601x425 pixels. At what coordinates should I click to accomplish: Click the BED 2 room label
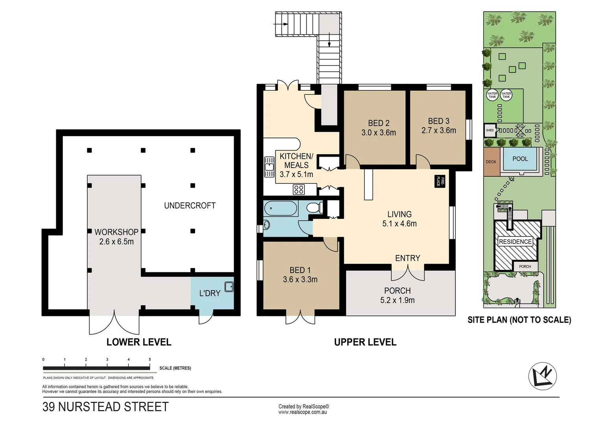[x=378, y=123]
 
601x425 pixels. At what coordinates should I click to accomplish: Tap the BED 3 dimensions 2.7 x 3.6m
[x=439, y=130]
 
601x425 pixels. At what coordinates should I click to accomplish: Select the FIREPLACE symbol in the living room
[x=439, y=181]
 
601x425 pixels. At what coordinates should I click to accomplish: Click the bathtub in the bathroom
[x=280, y=209]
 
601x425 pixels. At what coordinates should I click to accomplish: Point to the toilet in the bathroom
[x=314, y=207]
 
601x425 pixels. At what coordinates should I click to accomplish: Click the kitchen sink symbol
[x=269, y=167]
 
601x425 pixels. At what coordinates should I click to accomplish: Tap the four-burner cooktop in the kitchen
[x=299, y=190]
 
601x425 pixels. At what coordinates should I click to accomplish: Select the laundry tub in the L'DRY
[x=229, y=286]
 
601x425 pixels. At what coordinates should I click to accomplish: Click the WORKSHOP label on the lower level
[x=116, y=232]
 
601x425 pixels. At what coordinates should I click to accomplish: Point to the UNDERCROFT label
[x=190, y=205]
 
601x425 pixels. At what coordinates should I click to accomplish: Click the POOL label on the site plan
[x=520, y=159]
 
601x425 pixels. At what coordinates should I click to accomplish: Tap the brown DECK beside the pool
[x=491, y=162]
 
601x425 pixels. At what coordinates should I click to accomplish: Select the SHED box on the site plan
[x=490, y=130]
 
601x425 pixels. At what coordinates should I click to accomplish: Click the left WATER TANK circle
[x=492, y=95]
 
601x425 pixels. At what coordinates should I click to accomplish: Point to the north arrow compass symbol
[x=542, y=376]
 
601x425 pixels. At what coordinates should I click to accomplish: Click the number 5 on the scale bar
[x=150, y=359]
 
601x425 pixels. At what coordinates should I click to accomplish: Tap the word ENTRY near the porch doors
[x=407, y=258]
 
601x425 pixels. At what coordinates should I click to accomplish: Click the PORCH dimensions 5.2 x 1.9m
[x=397, y=300]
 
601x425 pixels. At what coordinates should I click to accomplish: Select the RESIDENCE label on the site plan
[x=515, y=242]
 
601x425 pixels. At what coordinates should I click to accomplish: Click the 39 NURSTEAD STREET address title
[x=105, y=407]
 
